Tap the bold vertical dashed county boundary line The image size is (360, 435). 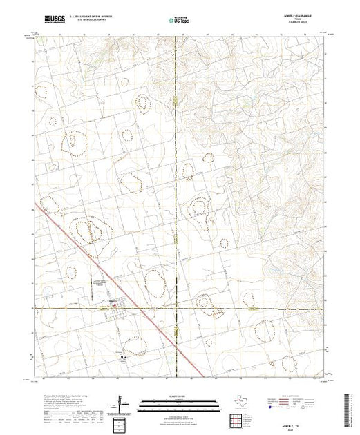(x=176, y=173)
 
